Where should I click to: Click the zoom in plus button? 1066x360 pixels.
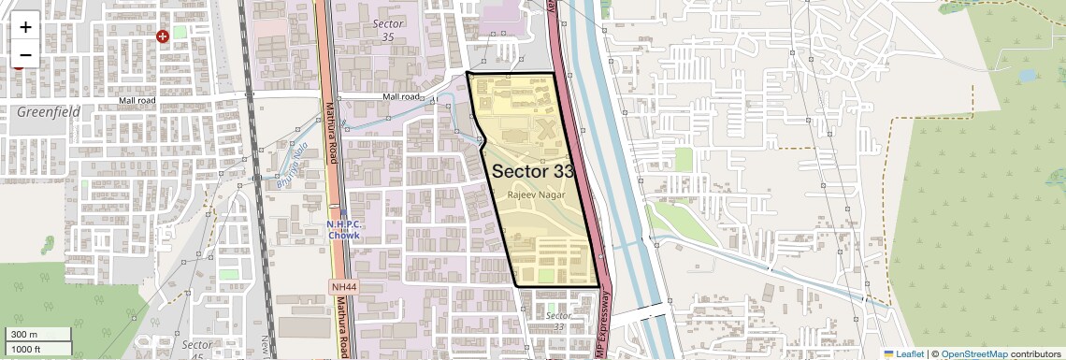click(25, 26)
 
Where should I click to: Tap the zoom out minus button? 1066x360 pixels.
click(25, 54)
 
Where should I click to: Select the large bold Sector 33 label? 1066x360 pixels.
click(533, 171)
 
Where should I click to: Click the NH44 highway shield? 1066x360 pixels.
click(343, 286)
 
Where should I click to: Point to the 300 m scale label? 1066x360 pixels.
click(24, 335)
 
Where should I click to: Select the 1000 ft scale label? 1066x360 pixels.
click(26, 349)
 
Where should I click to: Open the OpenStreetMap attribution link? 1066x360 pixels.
click(973, 354)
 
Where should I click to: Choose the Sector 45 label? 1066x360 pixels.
click(198, 350)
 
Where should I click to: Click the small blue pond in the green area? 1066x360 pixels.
click(1027, 75)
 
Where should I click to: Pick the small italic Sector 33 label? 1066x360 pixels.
click(558, 321)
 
